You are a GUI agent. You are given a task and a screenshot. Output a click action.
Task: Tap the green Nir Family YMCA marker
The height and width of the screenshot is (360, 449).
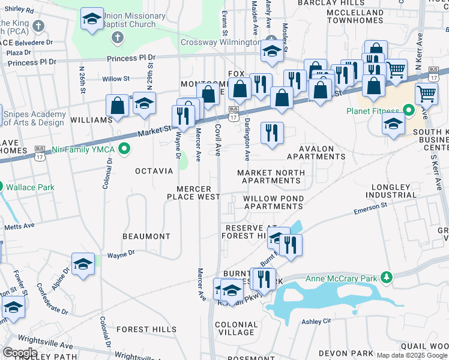125,148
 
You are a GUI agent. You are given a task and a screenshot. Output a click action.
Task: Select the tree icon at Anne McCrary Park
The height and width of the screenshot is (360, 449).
388,277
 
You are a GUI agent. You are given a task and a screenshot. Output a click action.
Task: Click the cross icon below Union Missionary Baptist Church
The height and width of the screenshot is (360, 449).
117,38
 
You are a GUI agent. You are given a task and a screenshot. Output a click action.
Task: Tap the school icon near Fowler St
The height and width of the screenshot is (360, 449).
14,307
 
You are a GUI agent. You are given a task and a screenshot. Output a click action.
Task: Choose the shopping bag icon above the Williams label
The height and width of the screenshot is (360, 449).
118,105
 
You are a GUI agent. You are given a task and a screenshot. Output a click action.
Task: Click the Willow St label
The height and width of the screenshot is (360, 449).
116,79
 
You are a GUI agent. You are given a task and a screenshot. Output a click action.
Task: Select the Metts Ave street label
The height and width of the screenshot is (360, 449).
20,227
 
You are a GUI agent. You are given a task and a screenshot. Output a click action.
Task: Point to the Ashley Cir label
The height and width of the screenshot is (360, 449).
316,322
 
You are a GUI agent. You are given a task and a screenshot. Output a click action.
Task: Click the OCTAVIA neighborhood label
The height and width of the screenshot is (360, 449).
154,171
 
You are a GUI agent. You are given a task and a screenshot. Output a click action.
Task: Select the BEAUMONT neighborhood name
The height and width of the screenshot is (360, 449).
146,236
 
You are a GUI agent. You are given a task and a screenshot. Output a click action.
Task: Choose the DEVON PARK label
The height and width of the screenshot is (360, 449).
342,353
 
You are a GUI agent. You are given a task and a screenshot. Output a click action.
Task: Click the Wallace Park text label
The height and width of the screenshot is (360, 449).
31,187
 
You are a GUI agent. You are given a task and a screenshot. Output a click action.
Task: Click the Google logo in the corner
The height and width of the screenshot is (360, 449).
20,352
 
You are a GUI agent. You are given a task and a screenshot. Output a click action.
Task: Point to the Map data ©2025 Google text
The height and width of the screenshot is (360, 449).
411,355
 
